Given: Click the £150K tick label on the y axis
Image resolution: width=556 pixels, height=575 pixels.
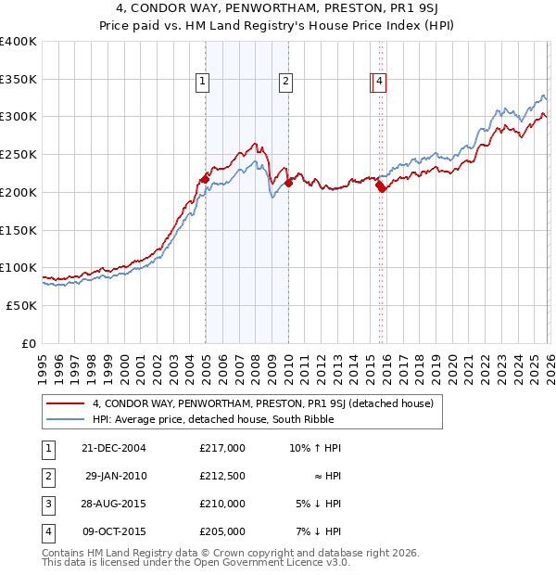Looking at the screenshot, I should coord(18,229).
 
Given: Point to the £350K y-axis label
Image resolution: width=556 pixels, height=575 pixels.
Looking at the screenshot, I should coord(18,79).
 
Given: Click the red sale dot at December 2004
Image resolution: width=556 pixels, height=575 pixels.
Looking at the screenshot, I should coord(205,179).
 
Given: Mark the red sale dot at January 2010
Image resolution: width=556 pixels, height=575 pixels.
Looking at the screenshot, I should coord(288,183).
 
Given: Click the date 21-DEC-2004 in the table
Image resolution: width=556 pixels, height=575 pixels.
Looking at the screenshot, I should coord(114,448).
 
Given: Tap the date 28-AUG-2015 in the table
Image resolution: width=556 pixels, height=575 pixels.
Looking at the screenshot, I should coord(114,504).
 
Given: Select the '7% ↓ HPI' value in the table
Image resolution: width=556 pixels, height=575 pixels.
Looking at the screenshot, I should coord(318,531).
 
